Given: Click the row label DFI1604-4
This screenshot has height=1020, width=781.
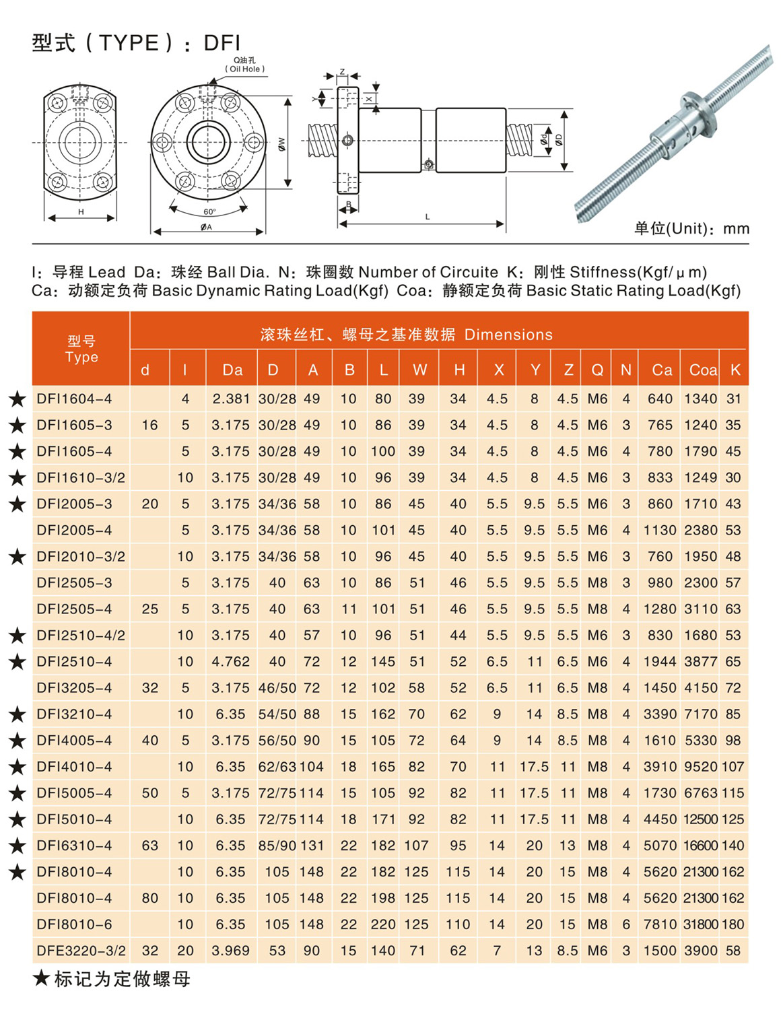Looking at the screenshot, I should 74,399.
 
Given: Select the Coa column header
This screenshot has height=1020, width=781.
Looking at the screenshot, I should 702,370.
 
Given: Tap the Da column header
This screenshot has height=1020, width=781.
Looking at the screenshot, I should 232,370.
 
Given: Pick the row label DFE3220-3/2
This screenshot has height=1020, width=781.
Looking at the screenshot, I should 81,951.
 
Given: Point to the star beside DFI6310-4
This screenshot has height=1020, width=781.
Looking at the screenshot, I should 18,846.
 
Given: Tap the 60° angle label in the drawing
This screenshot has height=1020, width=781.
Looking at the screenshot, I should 209,211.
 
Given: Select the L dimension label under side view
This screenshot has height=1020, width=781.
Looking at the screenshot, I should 428,217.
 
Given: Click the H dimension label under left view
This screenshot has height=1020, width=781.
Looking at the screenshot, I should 81,211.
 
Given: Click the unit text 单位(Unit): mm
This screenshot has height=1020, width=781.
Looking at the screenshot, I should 691,229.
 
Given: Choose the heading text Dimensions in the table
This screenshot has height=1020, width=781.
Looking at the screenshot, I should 508,335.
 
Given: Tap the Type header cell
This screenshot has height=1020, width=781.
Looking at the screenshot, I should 81,349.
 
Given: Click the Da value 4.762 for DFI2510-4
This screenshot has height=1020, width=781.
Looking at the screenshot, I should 230,661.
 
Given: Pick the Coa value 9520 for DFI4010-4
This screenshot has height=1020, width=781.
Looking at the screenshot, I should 700,766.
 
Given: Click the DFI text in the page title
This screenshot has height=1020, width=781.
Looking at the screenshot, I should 222,43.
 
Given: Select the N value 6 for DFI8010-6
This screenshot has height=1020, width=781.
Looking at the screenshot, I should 626,924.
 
